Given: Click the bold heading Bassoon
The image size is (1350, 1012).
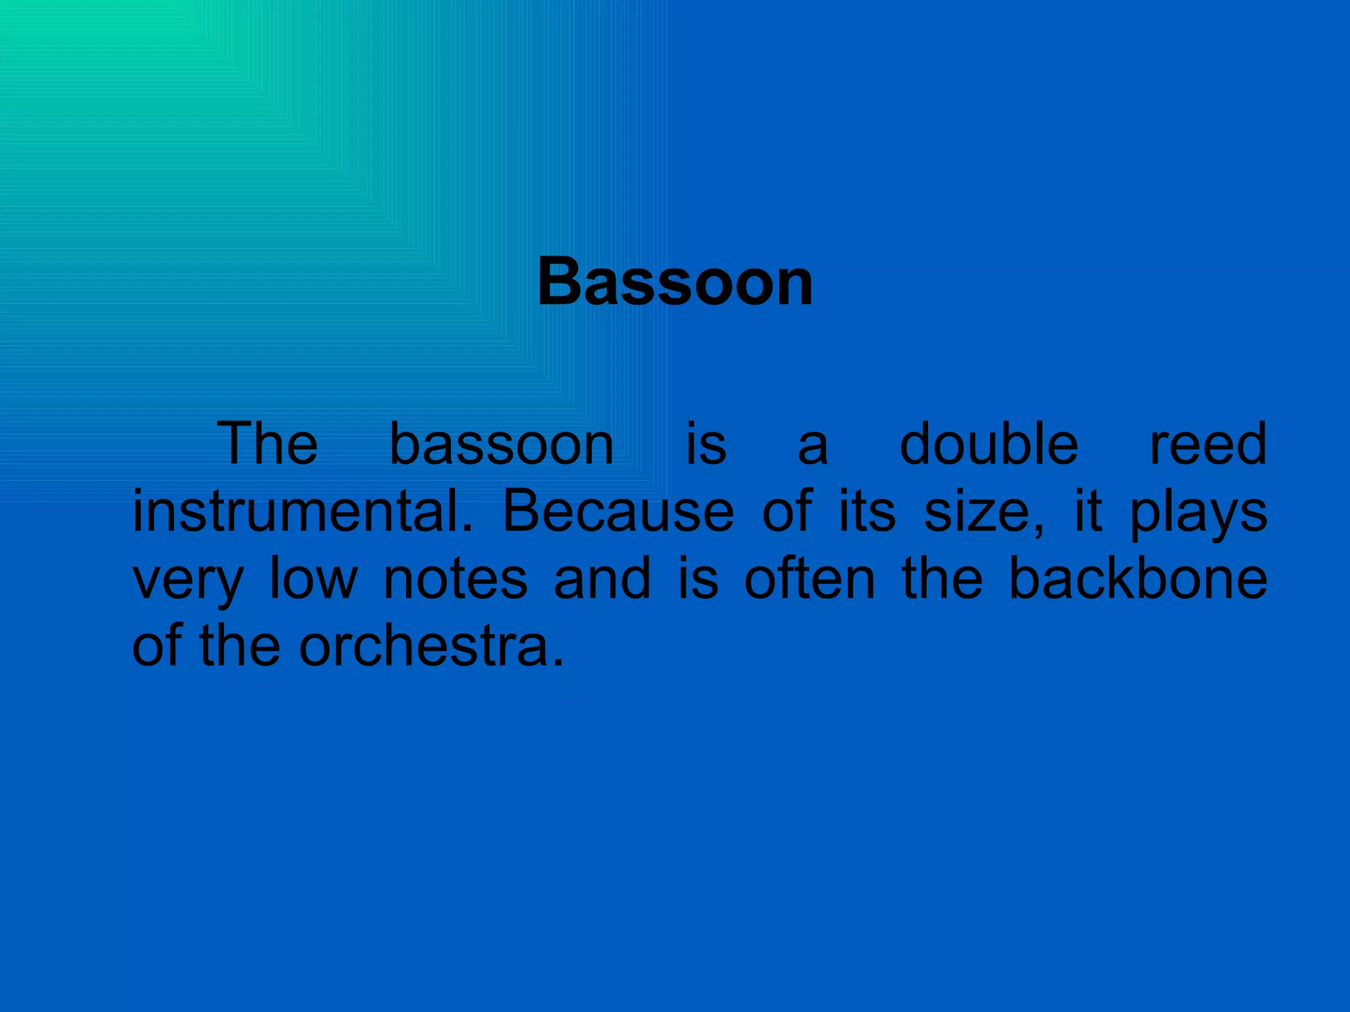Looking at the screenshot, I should [x=675, y=282].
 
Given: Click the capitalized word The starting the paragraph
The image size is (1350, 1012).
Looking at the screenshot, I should [x=267, y=444].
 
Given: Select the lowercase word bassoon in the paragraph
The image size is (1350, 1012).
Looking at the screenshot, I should [x=502, y=444].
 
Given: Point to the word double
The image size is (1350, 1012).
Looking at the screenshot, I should [x=989, y=444].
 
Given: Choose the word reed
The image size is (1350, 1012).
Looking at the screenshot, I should [x=1208, y=444].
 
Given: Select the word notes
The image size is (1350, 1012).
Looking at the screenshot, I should [x=455, y=580].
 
